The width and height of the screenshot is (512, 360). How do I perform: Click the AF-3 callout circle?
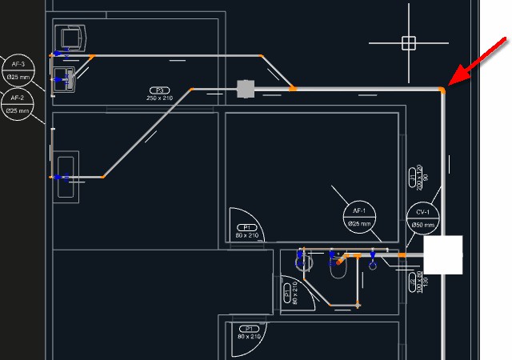18,70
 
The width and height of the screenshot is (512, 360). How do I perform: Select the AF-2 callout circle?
18,104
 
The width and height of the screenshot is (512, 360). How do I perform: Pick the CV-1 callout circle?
423,218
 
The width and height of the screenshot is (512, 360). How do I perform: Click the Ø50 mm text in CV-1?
423,225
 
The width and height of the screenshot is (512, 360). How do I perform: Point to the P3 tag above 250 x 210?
160,90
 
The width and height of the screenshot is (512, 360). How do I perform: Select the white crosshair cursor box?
409,42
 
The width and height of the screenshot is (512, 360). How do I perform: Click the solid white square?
443,255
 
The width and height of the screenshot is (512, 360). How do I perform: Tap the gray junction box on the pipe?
245,88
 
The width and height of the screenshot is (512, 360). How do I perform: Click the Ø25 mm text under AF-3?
18,77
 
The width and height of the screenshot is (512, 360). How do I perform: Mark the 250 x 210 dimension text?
160,98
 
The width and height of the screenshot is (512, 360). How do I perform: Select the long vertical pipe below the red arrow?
442,160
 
